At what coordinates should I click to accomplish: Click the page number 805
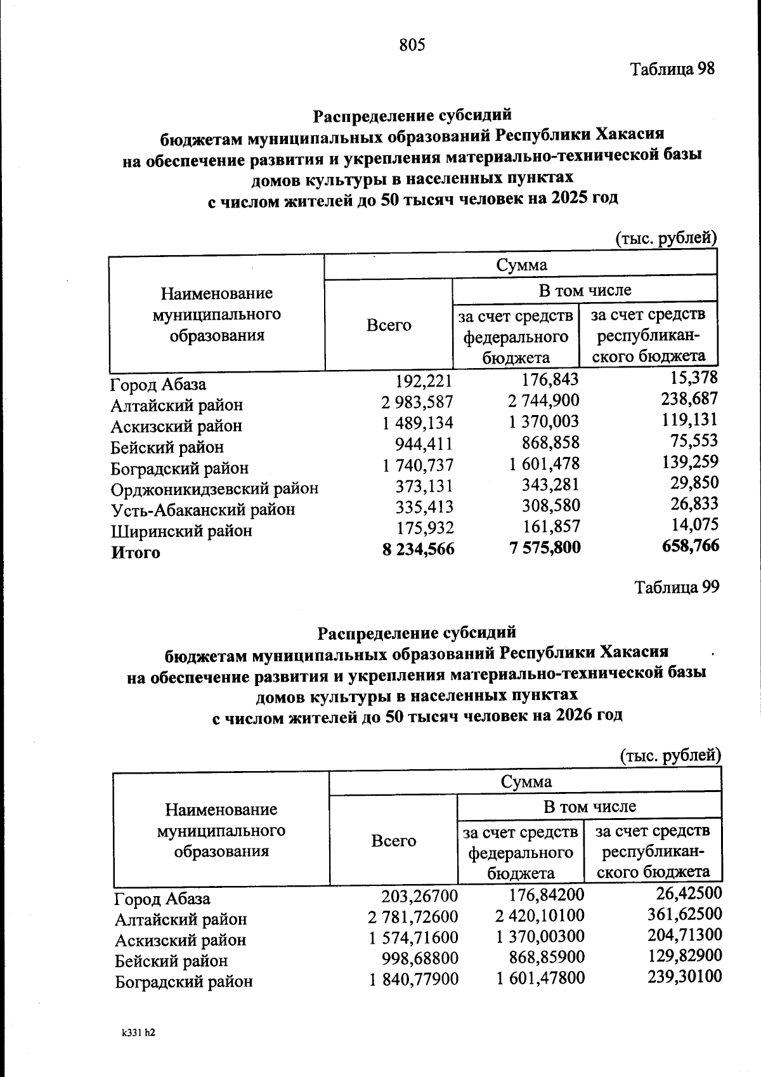412,45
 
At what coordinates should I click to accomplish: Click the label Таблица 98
672,69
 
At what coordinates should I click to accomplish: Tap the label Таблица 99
677,587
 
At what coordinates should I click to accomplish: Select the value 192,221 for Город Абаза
424,381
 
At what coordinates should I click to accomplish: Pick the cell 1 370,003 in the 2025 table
544,422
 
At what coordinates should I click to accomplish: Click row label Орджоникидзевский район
214,489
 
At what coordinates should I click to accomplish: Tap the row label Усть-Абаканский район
203,510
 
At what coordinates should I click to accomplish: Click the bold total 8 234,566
418,549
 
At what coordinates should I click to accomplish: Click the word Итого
136,552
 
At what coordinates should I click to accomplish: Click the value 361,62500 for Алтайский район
684,915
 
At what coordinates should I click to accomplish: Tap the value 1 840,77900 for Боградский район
414,980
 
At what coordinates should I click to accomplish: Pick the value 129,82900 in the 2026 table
684,956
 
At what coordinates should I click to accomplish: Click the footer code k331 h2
138,1033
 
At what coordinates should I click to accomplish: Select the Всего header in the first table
389,326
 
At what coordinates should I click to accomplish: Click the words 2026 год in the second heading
589,715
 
